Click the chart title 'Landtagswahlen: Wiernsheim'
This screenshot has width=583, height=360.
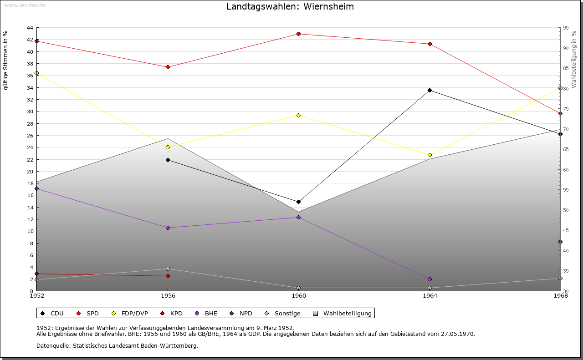(x=290, y=7)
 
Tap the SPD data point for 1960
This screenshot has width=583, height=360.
(x=298, y=34)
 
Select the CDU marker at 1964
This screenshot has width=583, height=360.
(x=430, y=90)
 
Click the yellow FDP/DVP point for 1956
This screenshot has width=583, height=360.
(x=168, y=147)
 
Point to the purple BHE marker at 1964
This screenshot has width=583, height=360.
(x=430, y=279)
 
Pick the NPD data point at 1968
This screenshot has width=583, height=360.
(x=560, y=242)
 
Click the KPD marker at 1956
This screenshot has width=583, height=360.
(x=168, y=276)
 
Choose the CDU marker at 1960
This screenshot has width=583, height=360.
(x=298, y=202)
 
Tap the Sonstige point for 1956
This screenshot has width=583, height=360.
(x=168, y=269)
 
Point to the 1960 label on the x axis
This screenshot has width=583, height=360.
(x=299, y=296)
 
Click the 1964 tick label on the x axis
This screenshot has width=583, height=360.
(x=430, y=296)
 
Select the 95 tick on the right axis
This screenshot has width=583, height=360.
(x=566, y=28)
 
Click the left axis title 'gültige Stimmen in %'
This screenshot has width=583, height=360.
(x=6, y=60)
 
